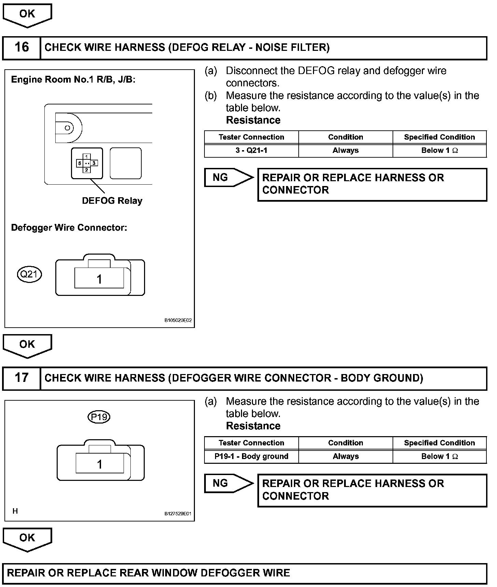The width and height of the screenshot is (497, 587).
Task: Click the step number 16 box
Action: (x=22, y=47)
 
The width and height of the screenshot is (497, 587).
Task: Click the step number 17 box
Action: (x=22, y=378)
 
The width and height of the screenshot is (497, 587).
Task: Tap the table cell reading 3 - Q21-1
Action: (x=251, y=151)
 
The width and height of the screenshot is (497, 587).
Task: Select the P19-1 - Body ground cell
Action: (x=251, y=457)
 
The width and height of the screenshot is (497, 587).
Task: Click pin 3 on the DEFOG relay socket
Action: (x=94, y=163)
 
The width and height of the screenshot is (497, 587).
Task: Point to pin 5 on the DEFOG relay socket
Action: (x=80, y=163)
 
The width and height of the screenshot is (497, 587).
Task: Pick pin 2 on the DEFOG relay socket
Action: (x=87, y=170)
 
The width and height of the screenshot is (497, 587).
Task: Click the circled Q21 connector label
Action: (x=29, y=274)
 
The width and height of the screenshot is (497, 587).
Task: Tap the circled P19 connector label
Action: (x=99, y=417)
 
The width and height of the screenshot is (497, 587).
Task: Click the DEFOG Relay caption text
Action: (x=112, y=201)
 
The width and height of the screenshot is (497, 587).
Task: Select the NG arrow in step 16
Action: (x=228, y=177)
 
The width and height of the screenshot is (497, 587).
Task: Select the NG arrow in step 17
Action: (x=228, y=483)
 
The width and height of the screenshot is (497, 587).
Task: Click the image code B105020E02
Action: (x=178, y=320)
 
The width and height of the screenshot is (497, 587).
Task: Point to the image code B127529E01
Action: (x=178, y=514)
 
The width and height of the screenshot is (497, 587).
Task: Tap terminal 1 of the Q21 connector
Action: (x=99, y=280)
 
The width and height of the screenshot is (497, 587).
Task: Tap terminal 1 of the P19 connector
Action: (x=100, y=464)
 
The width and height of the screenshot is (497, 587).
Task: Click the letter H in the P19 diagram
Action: (x=15, y=511)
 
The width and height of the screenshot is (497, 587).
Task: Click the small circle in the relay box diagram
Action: (x=67, y=128)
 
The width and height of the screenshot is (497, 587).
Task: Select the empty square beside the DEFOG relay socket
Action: (x=126, y=163)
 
